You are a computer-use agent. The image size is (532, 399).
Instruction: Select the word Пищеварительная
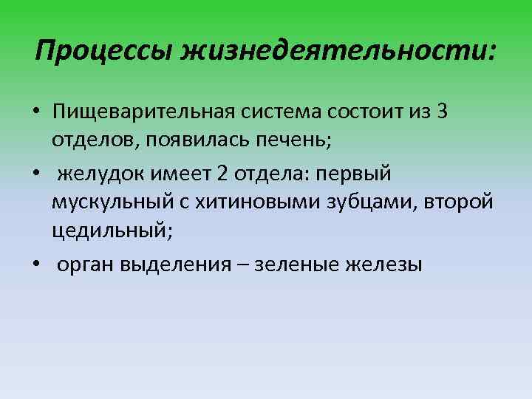(x=141, y=114)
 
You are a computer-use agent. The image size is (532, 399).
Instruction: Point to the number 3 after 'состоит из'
(x=442, y=112)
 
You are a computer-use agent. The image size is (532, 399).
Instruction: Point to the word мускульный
(x=112, y=202)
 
